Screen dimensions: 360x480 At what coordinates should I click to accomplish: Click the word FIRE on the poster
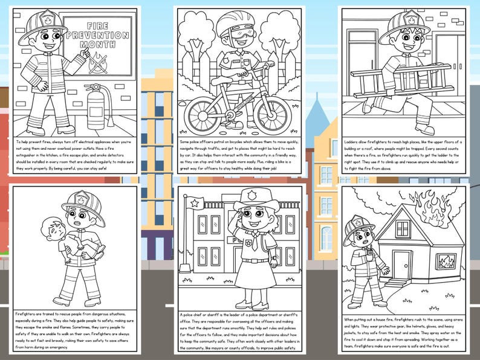tap(97, 27)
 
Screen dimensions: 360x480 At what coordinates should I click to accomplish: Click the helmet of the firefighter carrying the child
tap(77, 204)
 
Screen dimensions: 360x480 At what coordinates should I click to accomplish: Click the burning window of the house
tap(446, 262)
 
